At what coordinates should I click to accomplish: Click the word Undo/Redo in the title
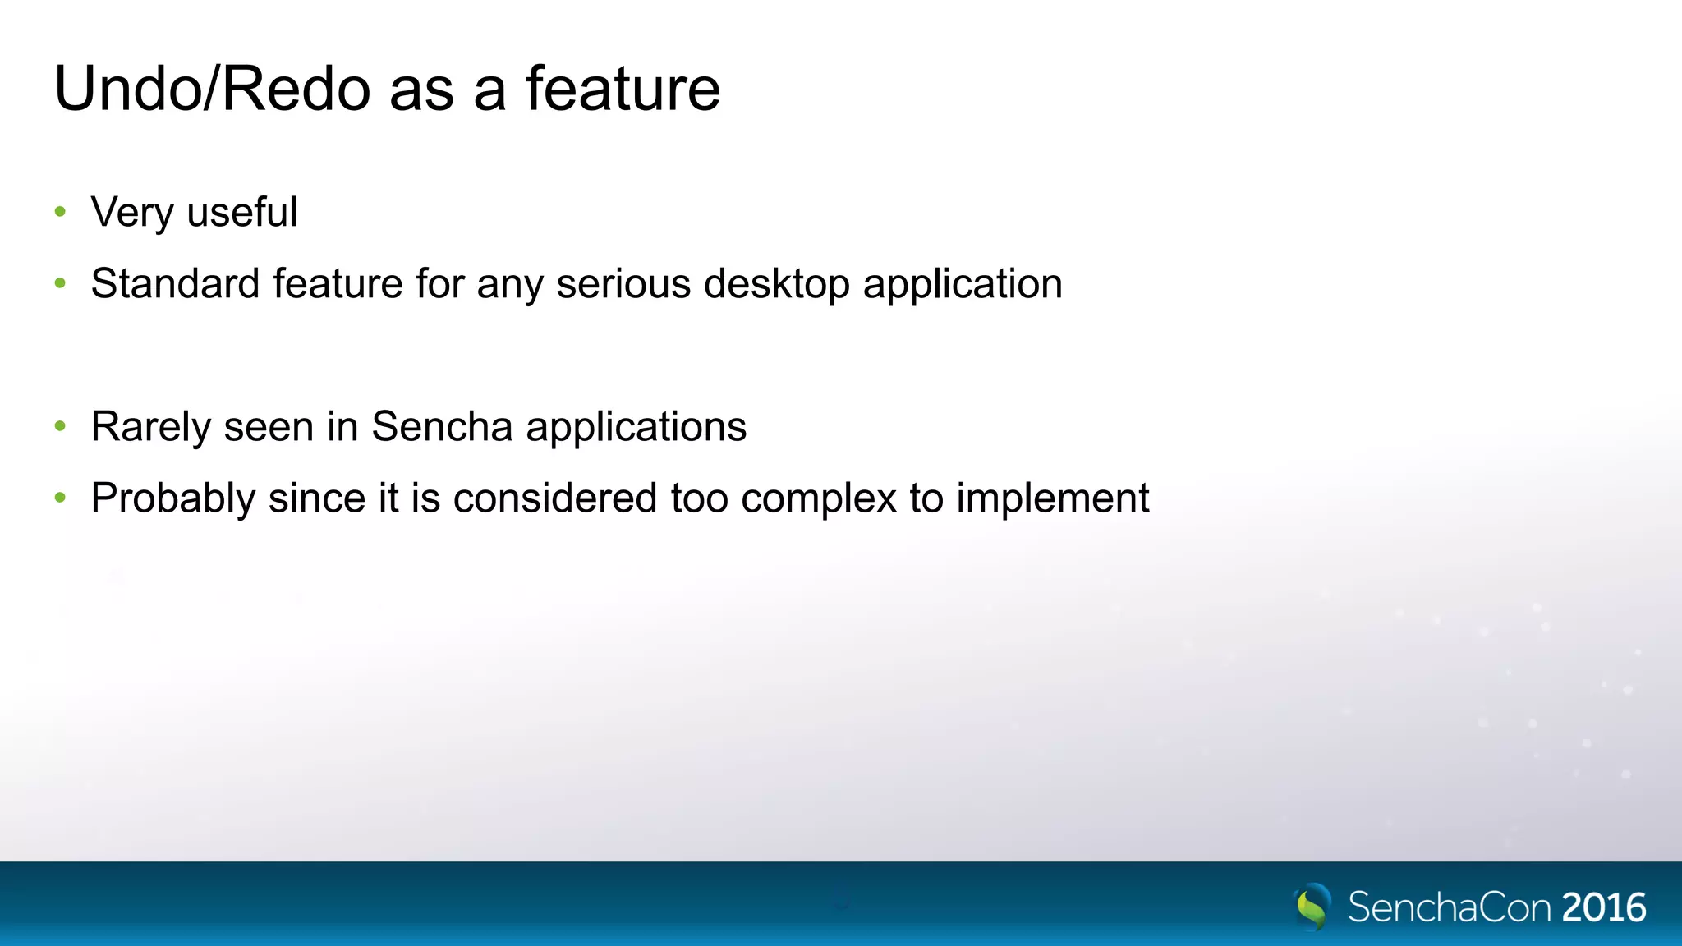tap(212, 89)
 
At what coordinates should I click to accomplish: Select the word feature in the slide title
tap(623, 89)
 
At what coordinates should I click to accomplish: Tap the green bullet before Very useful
tap(60, 212)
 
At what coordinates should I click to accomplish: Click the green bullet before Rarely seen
tap(60, 426)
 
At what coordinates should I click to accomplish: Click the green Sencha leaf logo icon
tap(1312, 907)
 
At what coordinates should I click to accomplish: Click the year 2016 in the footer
tap(1604, 907)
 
